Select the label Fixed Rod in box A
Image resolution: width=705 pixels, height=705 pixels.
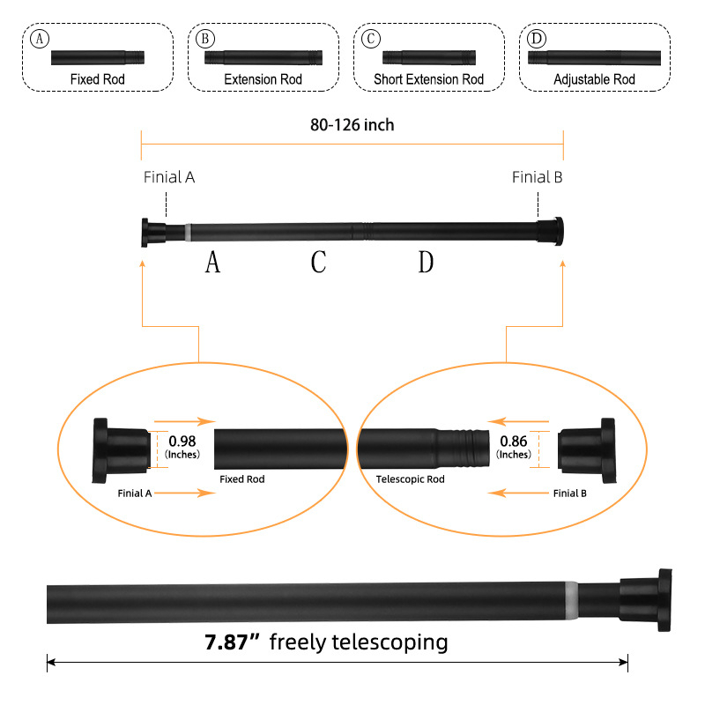click(x=97, y=79)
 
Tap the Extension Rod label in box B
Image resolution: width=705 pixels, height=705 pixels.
click(x=263, y=79)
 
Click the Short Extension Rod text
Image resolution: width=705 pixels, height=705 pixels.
click(x=428, y=79)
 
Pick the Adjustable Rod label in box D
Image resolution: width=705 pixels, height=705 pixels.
click(x=594, y=79)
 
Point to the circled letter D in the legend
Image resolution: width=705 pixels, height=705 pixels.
click(x=537, y=39)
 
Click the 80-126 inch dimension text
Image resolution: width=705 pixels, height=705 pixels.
click(x=352, y=125)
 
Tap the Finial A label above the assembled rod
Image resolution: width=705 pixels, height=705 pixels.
click(x=169, y=177)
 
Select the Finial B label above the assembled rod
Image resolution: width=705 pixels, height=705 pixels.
click(x=537, y=177)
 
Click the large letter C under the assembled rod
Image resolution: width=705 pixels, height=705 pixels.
click(x=319, y=262)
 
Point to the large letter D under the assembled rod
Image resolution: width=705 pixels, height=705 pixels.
click(x=426, y=262)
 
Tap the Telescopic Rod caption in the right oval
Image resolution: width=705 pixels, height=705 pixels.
click(x=404, y=479)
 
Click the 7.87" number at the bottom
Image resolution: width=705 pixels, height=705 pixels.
click(x=232, y=642)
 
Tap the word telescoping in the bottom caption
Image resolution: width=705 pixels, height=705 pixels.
click(x=389, y=642)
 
